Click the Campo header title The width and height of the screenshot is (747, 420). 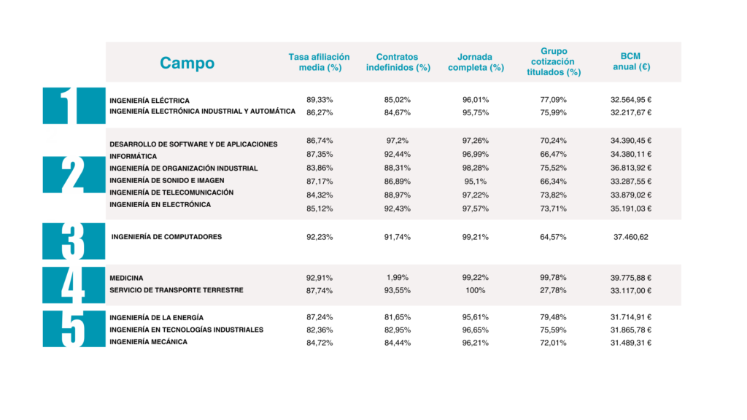point(187,63)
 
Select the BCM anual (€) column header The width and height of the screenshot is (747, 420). point(631,61)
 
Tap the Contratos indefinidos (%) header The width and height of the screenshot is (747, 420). point(398,63)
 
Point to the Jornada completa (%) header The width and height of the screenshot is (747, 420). point(476,63)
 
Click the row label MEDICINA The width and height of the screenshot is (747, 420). point(126,278)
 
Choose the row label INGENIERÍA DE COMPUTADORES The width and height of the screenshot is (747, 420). point(166,237)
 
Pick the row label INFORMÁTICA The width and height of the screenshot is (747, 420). point(133,156)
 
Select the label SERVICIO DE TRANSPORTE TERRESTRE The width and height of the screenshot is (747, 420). point(177,290)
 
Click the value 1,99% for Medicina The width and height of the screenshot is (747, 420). point(398,278)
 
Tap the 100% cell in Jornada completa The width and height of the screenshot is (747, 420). point(475,290)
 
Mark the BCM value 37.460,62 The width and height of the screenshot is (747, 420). point(631,237)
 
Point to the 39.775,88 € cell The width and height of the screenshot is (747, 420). point(631,278)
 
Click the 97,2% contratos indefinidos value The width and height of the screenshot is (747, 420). point(398,141)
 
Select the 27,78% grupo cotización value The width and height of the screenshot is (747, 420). point(553,290)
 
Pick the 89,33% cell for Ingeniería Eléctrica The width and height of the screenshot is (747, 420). point(320,100)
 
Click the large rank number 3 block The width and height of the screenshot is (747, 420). point(74,241)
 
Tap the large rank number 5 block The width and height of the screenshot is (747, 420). point(74,329)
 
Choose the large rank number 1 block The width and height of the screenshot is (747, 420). point(74,106)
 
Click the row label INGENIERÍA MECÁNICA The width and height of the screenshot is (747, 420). point(148,342)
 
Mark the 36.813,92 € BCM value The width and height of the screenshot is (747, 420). point(631,168)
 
